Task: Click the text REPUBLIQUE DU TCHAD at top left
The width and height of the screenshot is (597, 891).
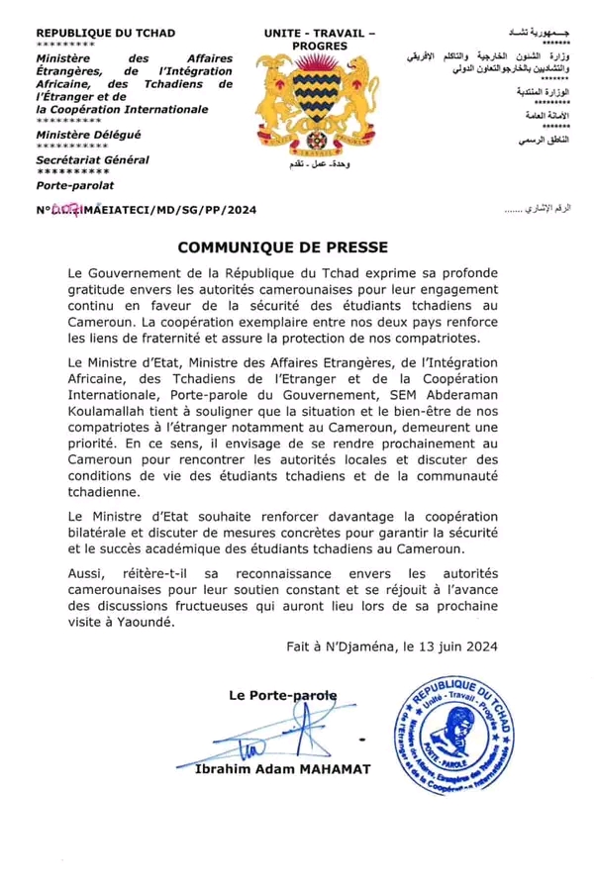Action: [x=98, y=35]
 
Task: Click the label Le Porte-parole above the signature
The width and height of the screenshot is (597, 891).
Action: [x=282, y=695]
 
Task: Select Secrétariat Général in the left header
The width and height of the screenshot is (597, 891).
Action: [x=92, y=159]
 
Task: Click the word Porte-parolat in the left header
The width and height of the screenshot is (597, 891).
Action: [x=75, y=185]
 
